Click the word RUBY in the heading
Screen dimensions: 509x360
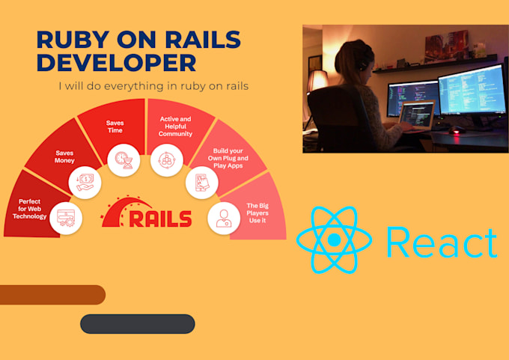point(73,40)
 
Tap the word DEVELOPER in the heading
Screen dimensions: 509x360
point(117,62)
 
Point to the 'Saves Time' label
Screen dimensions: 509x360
point(115,126)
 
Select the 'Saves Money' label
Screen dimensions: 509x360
point(64,156)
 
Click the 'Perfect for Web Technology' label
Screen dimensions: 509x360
point(29,209)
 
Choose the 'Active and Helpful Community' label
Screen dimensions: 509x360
point(175,126)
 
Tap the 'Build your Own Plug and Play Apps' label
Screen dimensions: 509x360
point(228,158)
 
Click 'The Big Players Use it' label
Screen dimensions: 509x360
point(257,213)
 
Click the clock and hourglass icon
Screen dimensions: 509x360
point(124,160)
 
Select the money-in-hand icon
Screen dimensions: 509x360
point(85,183)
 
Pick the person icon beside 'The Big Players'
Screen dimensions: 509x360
point(224,218)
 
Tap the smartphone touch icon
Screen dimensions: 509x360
point(201,182)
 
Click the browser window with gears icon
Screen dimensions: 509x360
point(66,218)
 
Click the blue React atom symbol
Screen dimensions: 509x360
point(334,240)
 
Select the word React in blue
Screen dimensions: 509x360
point(442,242)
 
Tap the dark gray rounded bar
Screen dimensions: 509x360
point(138,323)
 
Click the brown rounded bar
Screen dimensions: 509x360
point(52,295)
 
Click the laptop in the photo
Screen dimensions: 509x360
point(416,117)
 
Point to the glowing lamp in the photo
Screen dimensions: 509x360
point(317,80)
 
